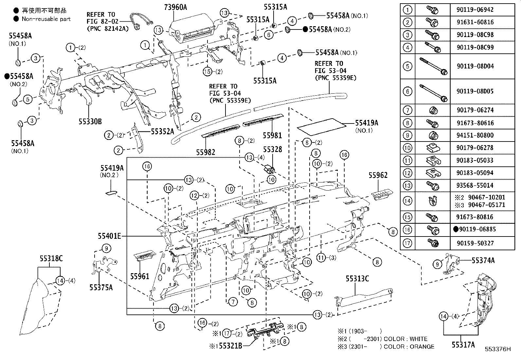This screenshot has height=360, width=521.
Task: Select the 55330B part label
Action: point(90,122)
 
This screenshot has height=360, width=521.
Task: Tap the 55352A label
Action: point(163,131)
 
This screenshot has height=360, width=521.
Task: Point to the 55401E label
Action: point(109,236)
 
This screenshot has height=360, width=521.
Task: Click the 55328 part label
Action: point(272,149)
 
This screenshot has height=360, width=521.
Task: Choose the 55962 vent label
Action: point(378,175)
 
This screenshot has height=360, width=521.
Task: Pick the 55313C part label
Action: point(357,279)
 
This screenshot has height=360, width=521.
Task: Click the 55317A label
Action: point(463,345)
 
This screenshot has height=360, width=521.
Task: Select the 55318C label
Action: point(51,258)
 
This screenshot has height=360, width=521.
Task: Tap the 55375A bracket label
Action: point(101,287)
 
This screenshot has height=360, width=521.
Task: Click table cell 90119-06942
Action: point(475,10)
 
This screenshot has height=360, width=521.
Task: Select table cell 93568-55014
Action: point(475,185)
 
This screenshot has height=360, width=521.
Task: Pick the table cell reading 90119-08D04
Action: point(475,66)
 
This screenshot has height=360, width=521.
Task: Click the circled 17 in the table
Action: point(407,243)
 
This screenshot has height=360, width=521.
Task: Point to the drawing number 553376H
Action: point(497,349)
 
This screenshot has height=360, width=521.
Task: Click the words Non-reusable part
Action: point(46,19)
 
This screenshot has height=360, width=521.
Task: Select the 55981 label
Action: point(272,135)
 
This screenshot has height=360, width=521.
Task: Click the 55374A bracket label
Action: point(483,260)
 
